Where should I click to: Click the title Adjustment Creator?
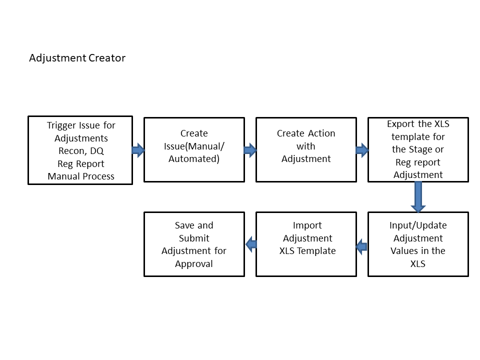point(77,58)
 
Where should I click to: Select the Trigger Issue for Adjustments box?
point(80,150)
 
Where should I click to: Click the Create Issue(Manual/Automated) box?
point(194,149)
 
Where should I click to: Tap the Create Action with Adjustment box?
point(306,149)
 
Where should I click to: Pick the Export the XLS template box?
point(418,149)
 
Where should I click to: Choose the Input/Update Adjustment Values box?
point(418,244)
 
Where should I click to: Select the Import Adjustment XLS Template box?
point(306,244)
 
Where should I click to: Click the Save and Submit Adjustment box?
point(194,244)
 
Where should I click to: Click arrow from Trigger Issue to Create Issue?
point(138,149)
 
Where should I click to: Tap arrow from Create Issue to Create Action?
point(250,149)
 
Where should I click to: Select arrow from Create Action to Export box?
point(362,149)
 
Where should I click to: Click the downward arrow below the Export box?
point(418,197)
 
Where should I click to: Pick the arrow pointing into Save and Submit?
point(250,244)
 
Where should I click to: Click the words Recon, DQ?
point(80,150)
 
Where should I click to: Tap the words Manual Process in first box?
point(80,176)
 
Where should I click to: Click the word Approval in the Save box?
point(194,264)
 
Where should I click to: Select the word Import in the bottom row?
point(307,225)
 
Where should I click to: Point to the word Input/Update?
point(418,225)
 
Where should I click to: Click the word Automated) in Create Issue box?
point(194,159)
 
